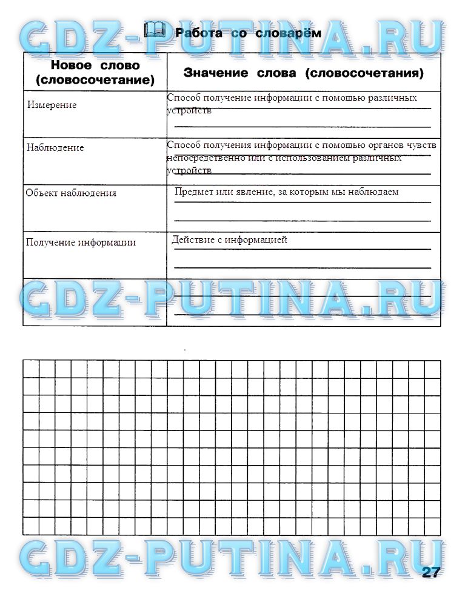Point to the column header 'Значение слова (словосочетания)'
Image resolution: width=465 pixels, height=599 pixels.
tap(303, 73)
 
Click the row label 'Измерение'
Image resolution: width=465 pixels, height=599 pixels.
tap(52, 105)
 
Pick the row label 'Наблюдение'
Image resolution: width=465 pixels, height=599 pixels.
tap(55, 147)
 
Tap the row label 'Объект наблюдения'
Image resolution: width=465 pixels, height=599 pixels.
tap(71, 193)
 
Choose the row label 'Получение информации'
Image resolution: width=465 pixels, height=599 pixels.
tap(81, 242)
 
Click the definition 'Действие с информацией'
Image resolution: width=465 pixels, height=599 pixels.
tap(229, 240)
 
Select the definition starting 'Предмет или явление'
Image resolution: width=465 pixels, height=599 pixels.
tap(286, 192)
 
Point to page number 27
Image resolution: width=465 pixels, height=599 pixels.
tap(431, 572)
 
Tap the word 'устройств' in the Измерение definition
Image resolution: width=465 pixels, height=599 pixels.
tap(189, 111)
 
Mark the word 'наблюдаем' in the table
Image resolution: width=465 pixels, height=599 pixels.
tap(376, 192)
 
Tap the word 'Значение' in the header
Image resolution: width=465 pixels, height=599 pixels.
tap(216, 73)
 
